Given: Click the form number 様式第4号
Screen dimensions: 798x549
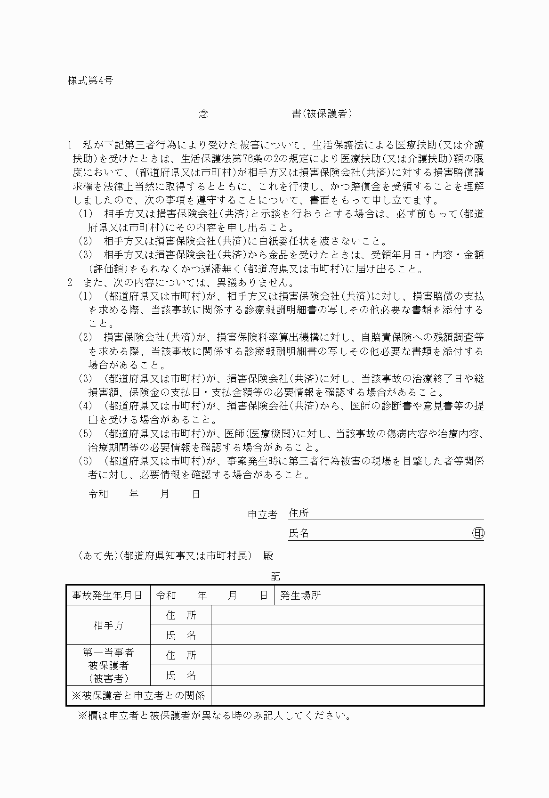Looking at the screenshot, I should (x=90, y=81).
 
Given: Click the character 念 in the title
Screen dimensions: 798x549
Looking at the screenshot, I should (x=203, y=114).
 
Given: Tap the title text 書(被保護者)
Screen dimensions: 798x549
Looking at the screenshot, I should (x=322, y=114).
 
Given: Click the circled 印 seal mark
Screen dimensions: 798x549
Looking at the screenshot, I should (x=478, y=533).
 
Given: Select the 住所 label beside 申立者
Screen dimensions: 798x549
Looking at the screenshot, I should (x=299, y=513).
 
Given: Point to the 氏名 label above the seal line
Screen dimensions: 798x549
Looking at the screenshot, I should (x=299, y=533).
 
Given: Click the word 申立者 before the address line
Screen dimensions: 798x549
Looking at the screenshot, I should (x=262, y=515).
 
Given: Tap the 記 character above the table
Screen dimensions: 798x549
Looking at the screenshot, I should (x=275, y=576).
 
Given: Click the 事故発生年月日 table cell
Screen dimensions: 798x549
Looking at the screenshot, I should (x=107, y=595).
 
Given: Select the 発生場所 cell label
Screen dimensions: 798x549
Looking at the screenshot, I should (x=300, y=595).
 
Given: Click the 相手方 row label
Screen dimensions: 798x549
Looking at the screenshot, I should (x=108, y=625).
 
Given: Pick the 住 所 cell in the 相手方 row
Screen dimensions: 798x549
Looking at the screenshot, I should (x=181, y=615).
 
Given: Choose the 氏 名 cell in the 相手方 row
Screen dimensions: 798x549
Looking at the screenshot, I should (x=181, y=635).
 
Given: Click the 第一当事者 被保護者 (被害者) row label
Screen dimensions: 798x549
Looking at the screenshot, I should (x=108, y=665).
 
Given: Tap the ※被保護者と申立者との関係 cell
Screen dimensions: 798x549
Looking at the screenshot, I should (x=138, y=695).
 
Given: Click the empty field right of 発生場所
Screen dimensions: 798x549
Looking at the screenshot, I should (x=405, y=595).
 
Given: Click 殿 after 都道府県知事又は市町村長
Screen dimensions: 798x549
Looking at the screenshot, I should (x=268, y=556).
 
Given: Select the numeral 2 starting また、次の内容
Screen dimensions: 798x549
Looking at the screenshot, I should (x=70, y=283).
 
